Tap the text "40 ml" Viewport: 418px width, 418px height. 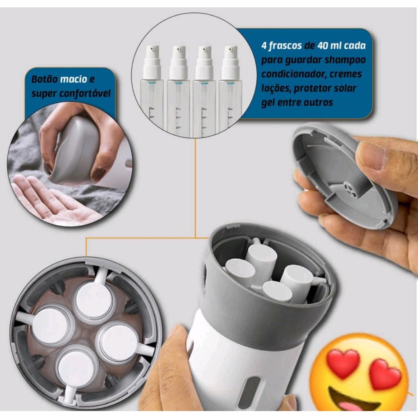[x=329, y=46]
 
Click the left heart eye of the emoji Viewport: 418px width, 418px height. [x=343, y=360]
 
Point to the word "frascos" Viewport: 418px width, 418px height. [x=285, y=46]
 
